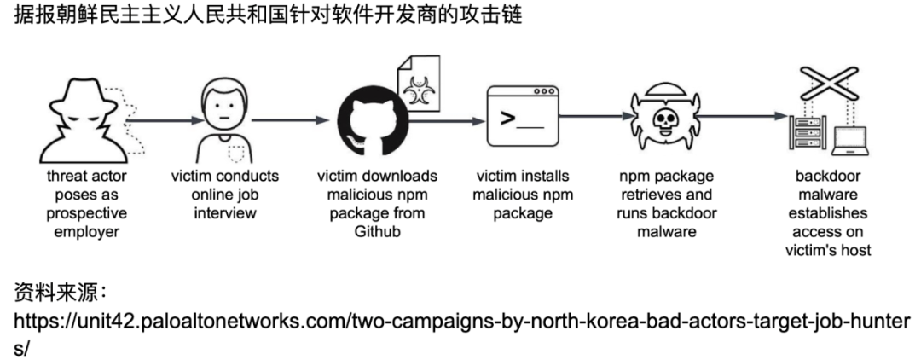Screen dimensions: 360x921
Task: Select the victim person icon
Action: point(224,116)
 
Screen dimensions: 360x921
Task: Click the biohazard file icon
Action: point(419,85)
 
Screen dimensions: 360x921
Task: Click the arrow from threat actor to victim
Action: point(162,119)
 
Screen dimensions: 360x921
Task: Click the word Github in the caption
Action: point(377,231)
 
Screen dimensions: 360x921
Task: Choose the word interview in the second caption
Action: point(224,213)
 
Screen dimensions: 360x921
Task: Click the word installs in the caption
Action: point(546,177)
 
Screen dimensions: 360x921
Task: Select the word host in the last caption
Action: point(854,250)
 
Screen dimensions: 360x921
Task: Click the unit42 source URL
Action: point(460,323)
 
